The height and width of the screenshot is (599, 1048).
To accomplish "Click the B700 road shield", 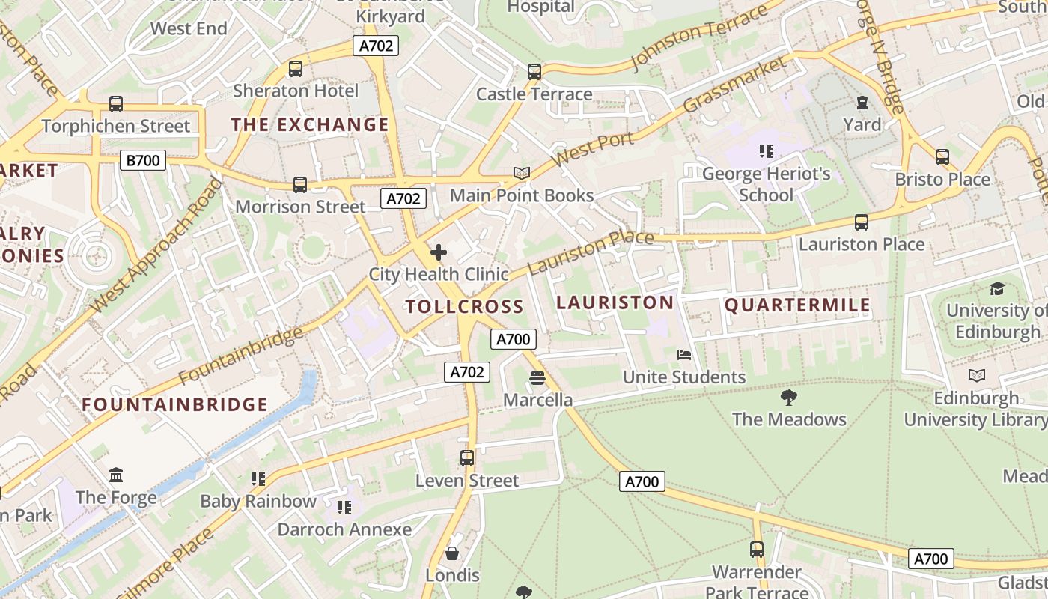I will [142, 159].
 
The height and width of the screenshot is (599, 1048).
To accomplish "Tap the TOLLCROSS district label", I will [464, 306].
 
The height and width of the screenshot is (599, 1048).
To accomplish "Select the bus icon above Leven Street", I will [467, 457].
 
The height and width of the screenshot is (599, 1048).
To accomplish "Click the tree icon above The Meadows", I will [788, 398].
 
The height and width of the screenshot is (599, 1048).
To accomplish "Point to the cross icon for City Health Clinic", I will [439, 252].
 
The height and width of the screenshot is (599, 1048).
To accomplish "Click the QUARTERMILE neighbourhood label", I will [797, 305].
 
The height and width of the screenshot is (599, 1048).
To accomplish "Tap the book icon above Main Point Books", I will [522, 174].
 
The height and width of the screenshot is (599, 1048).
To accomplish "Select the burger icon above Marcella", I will [537, 378].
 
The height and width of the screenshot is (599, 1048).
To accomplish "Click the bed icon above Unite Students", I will [683, 355].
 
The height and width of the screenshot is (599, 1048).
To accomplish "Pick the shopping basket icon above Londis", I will [452, 553].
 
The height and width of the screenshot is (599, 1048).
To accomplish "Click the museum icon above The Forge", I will [116, 475].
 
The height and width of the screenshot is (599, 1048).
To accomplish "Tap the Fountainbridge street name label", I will [241, 356].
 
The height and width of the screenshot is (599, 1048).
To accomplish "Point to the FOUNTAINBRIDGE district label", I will [174, 405].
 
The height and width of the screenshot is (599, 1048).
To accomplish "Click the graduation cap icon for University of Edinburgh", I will [997, 289].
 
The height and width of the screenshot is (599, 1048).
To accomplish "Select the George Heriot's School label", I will [766, 185].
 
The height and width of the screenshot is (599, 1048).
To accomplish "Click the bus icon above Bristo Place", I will [942, 157].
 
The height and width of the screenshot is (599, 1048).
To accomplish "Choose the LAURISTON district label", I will [615, 302].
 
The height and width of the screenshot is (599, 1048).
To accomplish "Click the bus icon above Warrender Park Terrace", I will [757, 550].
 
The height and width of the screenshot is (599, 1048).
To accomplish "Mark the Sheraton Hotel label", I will [296, 91].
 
